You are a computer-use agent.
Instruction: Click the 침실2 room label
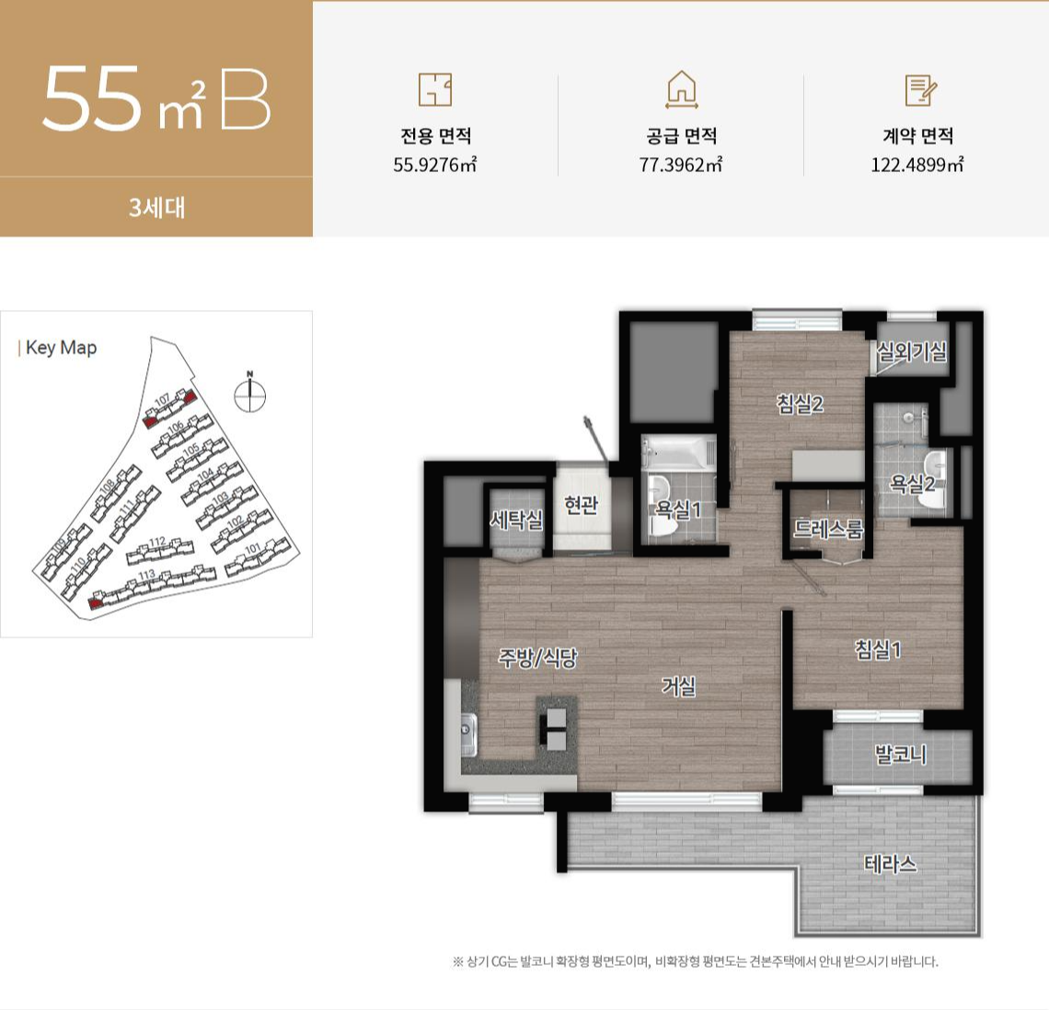pos(799,404)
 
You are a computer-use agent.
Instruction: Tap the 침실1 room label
pos(878,650)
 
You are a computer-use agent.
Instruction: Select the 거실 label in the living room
pos(679,686)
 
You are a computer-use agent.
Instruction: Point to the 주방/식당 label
pos(537,658)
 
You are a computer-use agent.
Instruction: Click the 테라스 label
pos(890,864)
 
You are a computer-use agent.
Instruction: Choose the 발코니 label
pos(900,755)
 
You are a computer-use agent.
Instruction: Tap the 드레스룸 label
pos(828,530)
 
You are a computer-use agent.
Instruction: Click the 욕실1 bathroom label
pos(679,509)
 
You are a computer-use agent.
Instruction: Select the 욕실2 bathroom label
pos(912,483)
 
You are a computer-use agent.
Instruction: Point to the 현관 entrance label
pos(581,505)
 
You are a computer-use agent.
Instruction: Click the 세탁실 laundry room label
pos(516,521)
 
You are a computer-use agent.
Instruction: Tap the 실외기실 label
pos(911,351)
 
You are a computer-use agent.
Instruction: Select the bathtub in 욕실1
pos(678,453)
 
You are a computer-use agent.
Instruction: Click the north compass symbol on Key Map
pos(249,394)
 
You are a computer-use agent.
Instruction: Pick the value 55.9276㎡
pos(435,166)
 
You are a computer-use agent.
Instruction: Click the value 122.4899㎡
pos(916,166)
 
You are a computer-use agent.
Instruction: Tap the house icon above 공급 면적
pos(681,89)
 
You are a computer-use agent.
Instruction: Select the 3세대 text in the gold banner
pos(156,208)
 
